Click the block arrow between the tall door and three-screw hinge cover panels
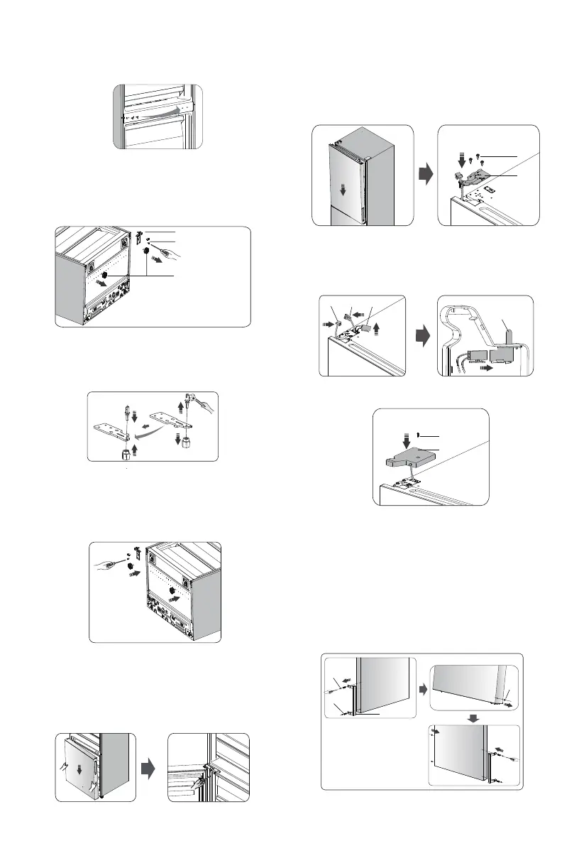[425, 176]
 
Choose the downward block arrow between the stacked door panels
[475, 717]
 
